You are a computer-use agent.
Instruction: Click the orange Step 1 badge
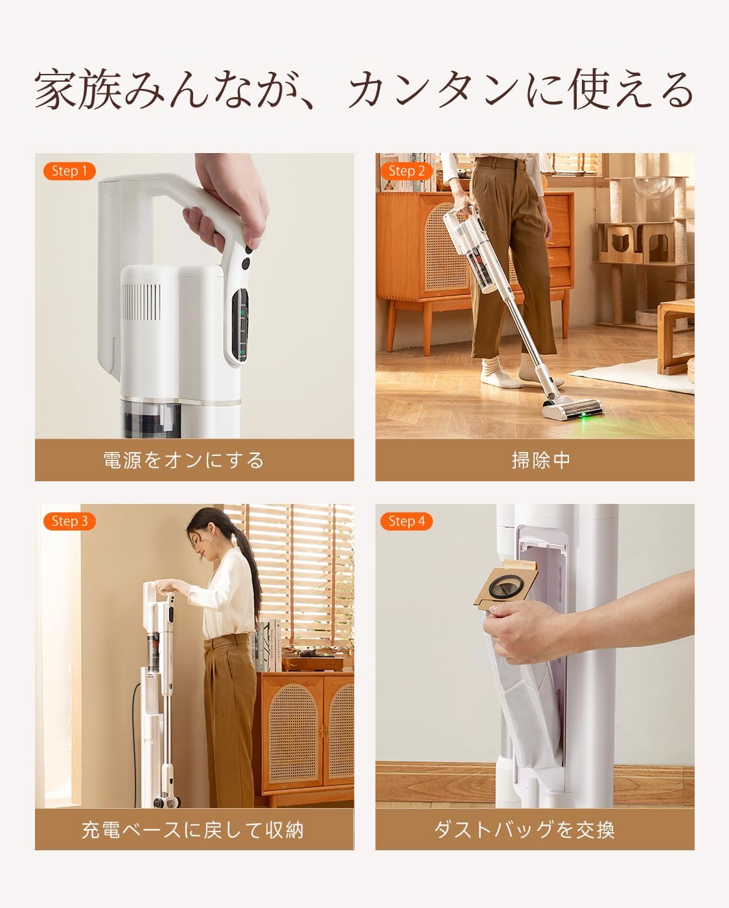(x=69, y=171)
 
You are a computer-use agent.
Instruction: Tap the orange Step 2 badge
(x=406, y=171)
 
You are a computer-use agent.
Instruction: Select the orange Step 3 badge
(x=69, y=521)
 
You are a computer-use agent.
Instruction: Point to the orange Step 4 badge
(x=406, y=521)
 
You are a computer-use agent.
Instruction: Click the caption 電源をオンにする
(x=184, y=460)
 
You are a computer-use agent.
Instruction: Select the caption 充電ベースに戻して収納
(x=192, y=830)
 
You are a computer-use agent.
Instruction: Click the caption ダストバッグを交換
(x=524, y=830)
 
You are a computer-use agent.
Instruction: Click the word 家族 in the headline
(x=76, y=91)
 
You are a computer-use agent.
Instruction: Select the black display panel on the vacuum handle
(x=240, y=324)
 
